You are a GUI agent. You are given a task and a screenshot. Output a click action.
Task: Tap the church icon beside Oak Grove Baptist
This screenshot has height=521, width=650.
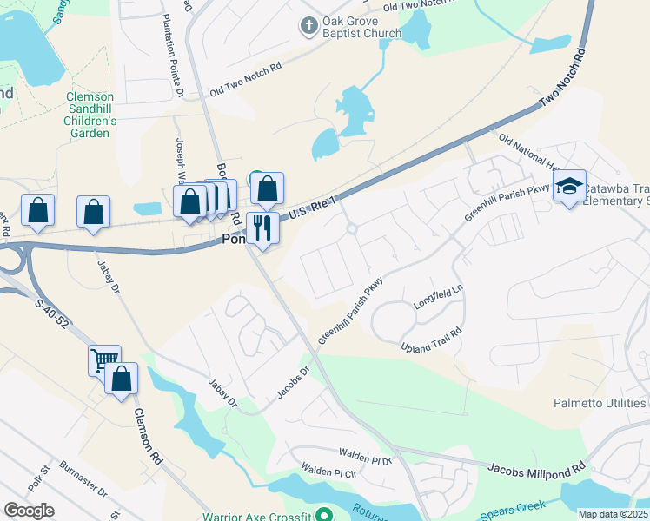(308, 26)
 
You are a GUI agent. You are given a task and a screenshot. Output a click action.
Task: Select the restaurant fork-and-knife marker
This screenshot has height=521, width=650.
(262, 228)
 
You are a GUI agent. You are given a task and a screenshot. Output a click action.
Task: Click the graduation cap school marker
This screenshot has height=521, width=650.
(569, 186)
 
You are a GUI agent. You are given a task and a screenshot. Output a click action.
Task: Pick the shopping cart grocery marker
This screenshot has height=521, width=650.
(104, 359)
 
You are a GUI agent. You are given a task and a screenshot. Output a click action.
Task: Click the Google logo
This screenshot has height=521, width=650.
(29, 511)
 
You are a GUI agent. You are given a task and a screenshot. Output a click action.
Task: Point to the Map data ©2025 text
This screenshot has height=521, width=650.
(613, 514)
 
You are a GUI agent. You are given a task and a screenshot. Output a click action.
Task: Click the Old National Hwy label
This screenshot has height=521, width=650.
(526, 151)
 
